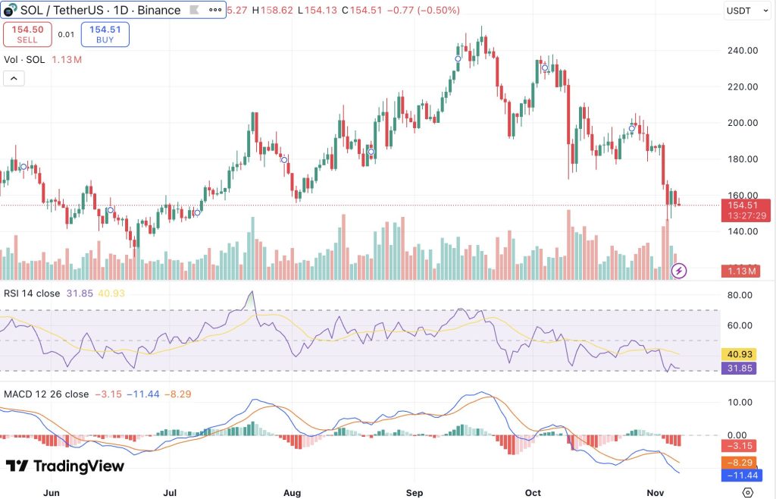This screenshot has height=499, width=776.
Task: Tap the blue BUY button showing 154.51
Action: [x=105, y=34]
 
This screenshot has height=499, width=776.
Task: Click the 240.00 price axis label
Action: [x=743, y=51]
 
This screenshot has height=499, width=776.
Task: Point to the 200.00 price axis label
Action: [x=743, y=123]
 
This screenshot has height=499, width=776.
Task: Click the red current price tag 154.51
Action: [x=747, y=205]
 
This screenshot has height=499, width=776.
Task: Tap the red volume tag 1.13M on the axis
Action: [x=747, y=271]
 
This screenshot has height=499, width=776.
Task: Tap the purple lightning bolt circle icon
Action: [x=680, y=270]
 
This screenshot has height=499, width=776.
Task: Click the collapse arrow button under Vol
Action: [x=14, y=78]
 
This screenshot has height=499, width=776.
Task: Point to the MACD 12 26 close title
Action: [x=46, y=394]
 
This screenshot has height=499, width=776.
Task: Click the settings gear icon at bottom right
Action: [x=747, y=492]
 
